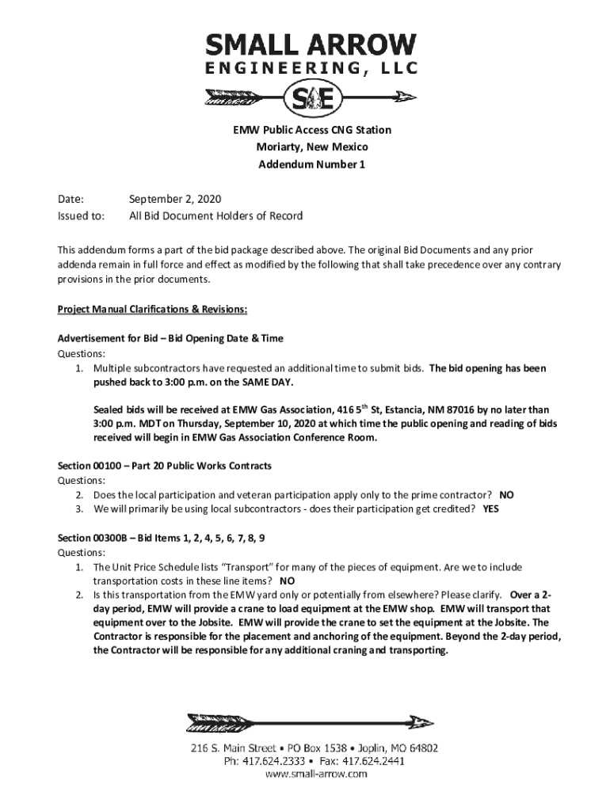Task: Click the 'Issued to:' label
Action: [x=81, y=215]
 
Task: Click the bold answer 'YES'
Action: [x=490, y=509]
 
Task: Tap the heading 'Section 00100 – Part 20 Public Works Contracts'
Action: [x=165, y=465]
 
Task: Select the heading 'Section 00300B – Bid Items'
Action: [x=162, y=538]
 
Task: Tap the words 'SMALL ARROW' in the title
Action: [x=311, y=44]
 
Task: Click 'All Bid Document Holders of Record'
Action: [x=215, y=215]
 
